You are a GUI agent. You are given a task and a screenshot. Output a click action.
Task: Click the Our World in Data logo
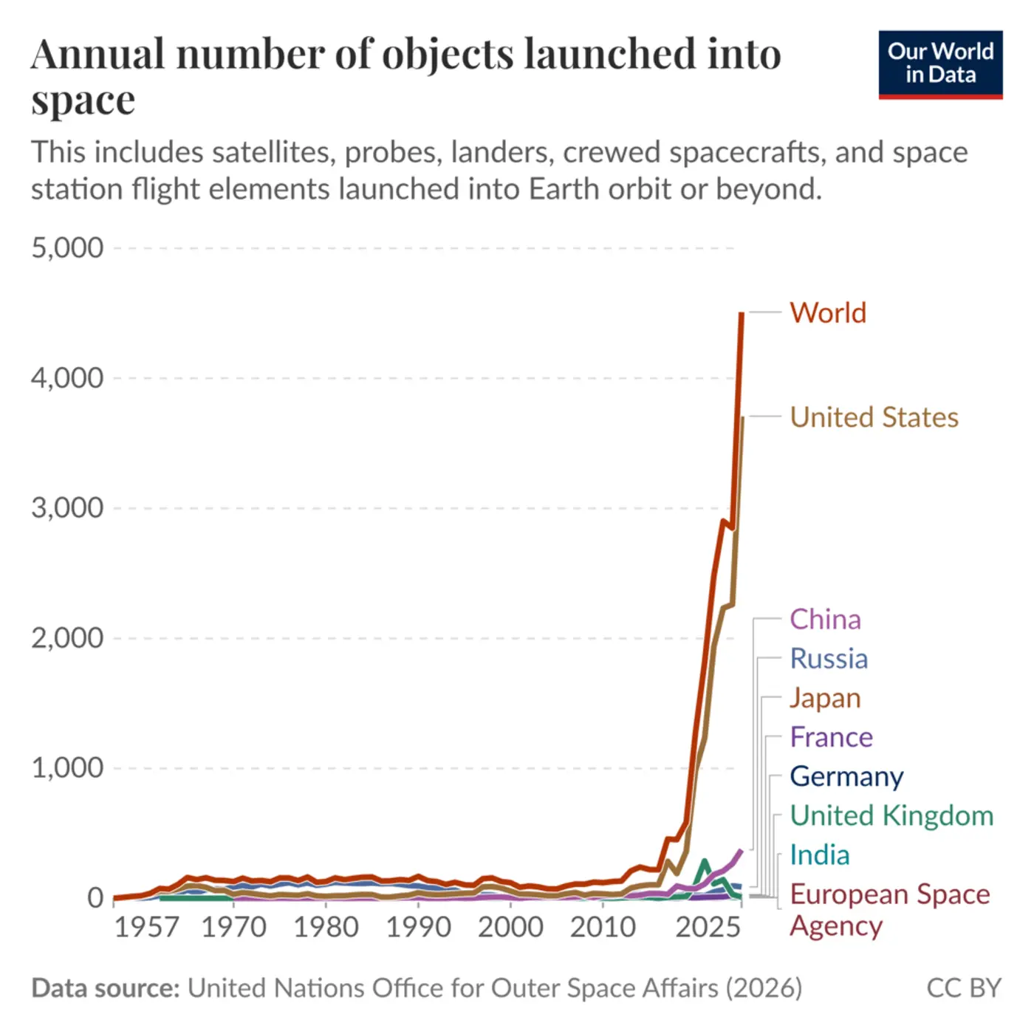click(x=940, y=64)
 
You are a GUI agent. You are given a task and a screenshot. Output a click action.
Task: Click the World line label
click(x=827, y=313)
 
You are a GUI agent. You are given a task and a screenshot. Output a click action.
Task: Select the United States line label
click(x=874, y=417)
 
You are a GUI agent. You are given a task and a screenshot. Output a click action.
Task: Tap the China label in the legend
click(x=825, y=620)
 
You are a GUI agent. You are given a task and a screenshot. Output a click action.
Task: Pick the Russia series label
click(x=829, y=659)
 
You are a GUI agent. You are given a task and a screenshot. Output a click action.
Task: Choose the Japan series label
click(x=825, y=698)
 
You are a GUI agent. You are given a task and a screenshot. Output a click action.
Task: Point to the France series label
click(x=831, y=737)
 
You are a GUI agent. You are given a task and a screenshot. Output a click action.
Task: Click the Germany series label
click(x=846, y=776)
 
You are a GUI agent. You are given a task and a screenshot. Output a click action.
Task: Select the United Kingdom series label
click(x=891, y=815)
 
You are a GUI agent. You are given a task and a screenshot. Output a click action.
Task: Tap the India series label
click(x=819, y=855)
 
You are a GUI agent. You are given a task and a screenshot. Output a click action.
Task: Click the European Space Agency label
click(x=889, y=909)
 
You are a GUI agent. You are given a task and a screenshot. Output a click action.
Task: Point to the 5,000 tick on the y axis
click(x=67, y=248)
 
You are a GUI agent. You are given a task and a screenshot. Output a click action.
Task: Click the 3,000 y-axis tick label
click(x=67, y=508)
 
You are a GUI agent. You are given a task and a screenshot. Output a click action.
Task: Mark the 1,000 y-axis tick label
click(x=67, y=768)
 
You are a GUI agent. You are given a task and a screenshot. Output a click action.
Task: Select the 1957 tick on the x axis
click(x=146, y=927)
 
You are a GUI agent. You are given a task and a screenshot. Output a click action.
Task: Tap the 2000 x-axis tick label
click(x=510, y=927)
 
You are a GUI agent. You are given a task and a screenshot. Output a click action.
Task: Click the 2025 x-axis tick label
click(x=708, y=927)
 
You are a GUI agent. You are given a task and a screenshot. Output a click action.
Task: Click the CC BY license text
click(x=963, y=988)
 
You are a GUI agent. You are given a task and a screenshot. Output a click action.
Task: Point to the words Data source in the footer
click(x=106, y=988)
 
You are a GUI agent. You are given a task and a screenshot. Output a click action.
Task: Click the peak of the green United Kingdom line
click(x=705, y=861)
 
